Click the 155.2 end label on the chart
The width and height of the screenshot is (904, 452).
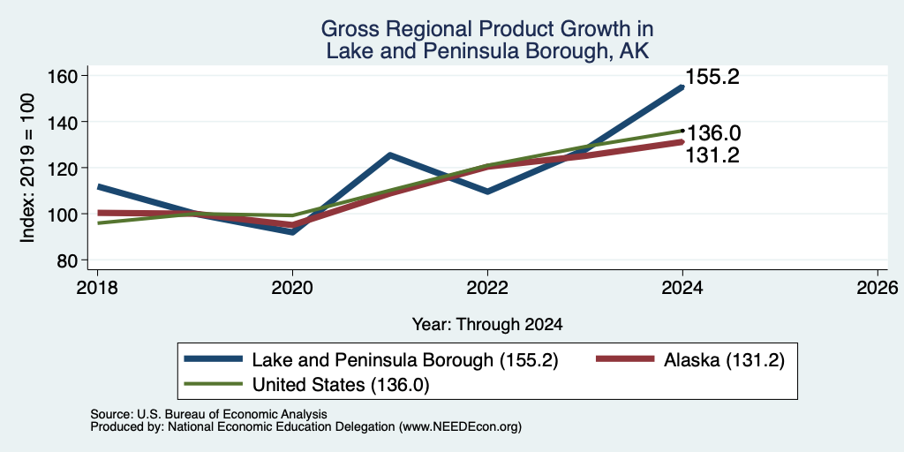tap(712, 78)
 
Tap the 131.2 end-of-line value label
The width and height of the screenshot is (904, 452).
tap(712, 155)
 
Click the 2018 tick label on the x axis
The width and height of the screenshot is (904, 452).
tap(97, 287)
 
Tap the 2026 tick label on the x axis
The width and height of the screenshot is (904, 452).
tap(878, 287)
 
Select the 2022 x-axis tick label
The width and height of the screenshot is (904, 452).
tap(487, 287)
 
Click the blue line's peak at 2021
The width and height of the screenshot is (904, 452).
tap(390, 154)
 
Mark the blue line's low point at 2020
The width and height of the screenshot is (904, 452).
tap(292, 232)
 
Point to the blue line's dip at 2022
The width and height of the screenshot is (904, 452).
tap(487, 192)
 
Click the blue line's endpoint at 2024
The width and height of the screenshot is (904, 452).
tap(682, 87)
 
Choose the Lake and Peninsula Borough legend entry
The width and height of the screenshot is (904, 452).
tap(372, 360)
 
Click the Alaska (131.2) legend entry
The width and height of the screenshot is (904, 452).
tap(689, 360)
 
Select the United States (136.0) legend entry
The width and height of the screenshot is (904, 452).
tap(306, 385)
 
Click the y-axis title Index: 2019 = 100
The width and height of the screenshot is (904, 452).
tap(27, 168)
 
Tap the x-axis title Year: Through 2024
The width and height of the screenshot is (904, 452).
tap(487, 325)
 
